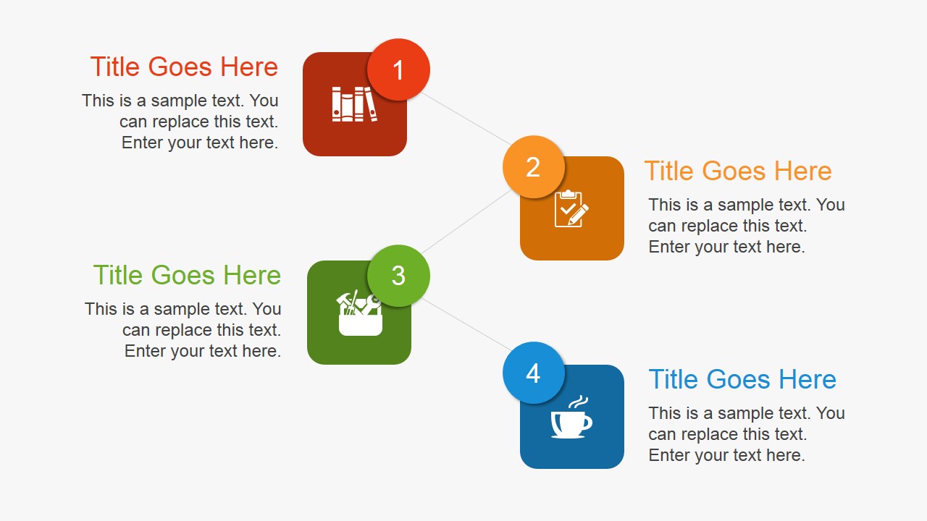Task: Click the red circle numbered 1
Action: pos(398,69)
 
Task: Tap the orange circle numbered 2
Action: pos(534,166)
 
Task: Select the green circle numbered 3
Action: pos(398,276)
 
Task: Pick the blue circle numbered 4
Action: pos(534,373)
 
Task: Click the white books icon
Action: pos(355,104)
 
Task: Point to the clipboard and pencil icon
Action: pos(571,209)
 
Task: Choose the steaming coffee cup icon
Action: pos(571,418)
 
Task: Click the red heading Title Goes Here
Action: pos(184,67)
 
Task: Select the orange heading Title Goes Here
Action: pos(738,171)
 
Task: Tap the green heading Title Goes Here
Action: pos(187,275)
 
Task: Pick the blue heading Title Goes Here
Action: pos(742,379)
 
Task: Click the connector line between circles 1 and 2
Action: pos(466,118)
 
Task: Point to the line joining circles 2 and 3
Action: pos(466,221)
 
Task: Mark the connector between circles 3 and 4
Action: pos(466,324)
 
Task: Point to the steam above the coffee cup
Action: pos(578,402)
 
